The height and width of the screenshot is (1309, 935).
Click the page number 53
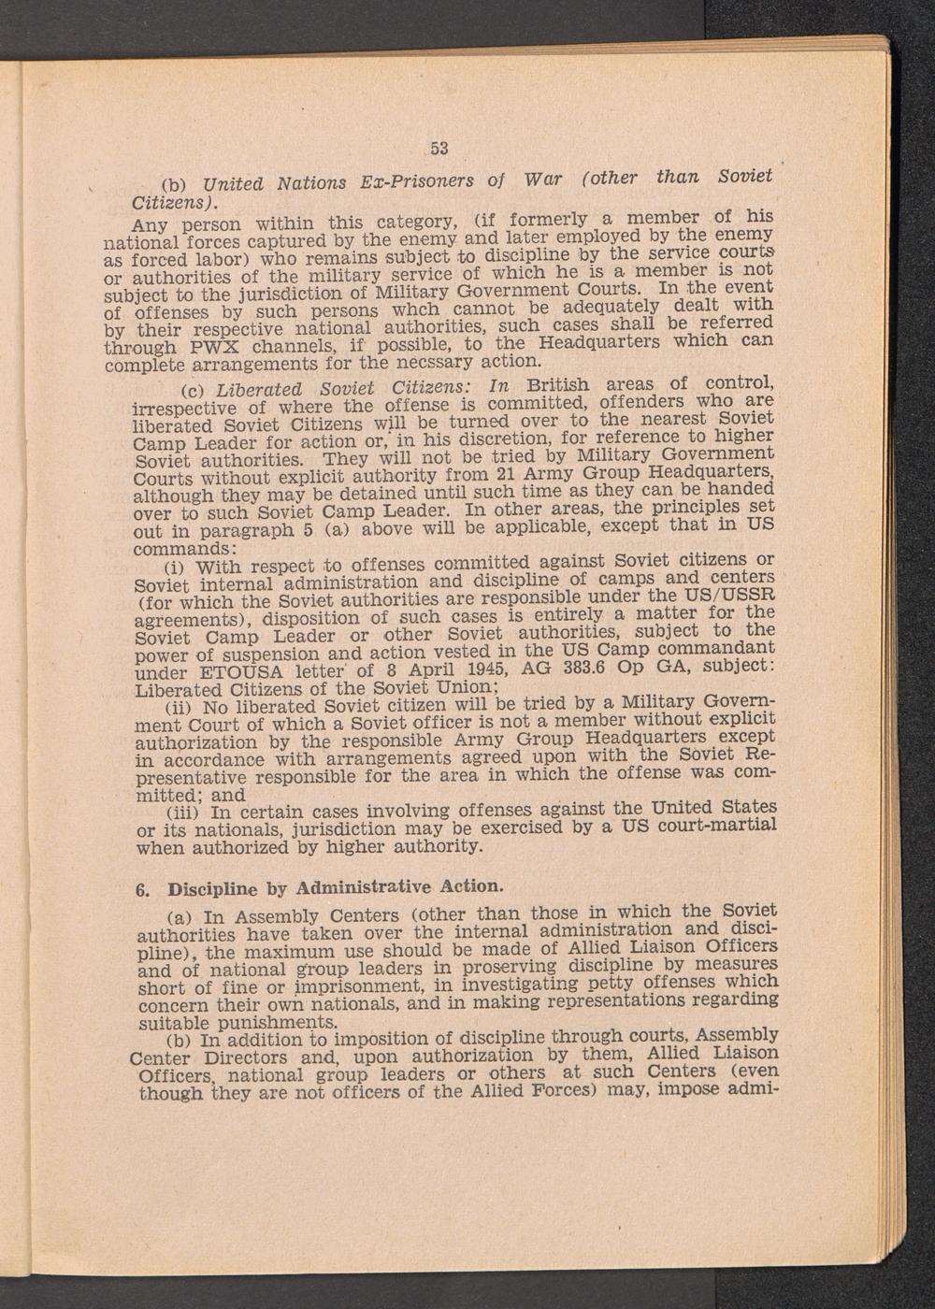tap(440, 147)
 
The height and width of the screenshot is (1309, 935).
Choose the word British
tap(558, 385)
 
